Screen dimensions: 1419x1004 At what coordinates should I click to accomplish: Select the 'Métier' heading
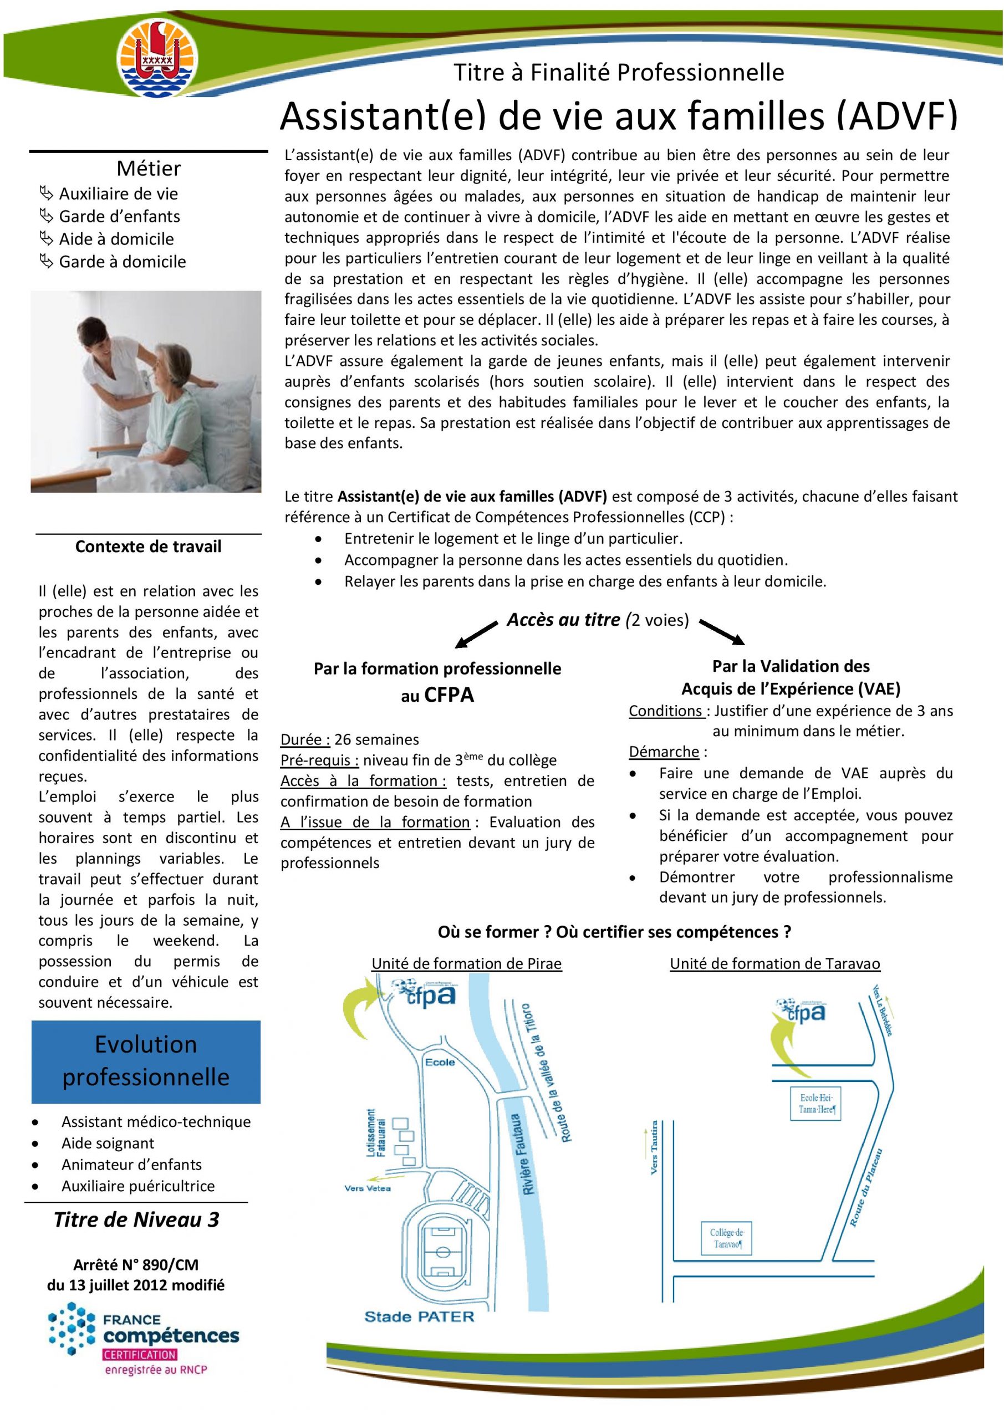[x=149, y=168]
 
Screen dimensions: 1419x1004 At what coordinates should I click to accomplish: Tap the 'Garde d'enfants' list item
[x=119, y=216]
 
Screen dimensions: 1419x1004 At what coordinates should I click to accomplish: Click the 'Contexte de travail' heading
[x=149, y=547]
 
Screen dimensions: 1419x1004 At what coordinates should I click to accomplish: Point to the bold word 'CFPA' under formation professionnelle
[x=449, y=695]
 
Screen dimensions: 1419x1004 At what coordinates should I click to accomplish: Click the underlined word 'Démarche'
[x=664, y=752]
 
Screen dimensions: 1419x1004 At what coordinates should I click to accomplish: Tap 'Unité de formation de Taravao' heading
[x=774, y=963]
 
